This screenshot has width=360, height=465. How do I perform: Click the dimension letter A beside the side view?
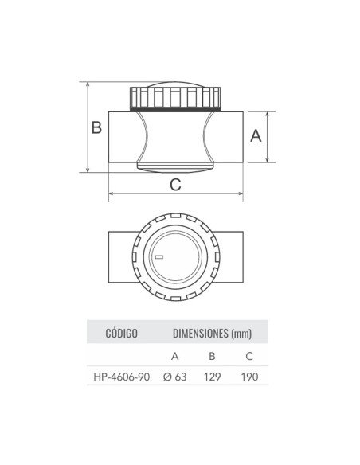click(x=256, y=136)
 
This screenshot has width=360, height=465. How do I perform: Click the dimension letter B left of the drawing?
click(x=96, y=127)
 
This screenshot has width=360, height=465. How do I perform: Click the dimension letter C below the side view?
click(x=176, y=184)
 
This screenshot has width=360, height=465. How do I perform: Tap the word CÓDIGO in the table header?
click(x=122, y=332)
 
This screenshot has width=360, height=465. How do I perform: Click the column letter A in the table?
click(x=174, y=355)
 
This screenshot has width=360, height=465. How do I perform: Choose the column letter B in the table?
click(x=212, y=355)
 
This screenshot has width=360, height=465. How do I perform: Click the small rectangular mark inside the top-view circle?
click(x=158, y=257)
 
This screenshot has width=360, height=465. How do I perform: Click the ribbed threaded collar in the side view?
click(x=175, y=99)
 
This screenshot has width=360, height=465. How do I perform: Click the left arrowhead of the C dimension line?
click(x=111, y=193)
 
